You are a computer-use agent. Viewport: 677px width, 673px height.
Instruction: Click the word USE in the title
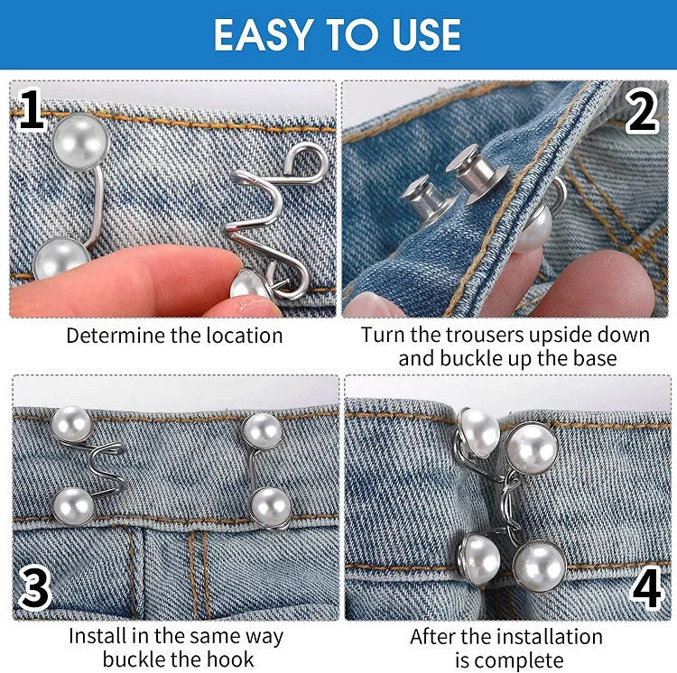pos(421,35)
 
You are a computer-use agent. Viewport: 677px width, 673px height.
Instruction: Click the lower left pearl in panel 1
pos(60,263)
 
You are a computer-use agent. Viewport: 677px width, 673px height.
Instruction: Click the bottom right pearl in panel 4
pos(539,565)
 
